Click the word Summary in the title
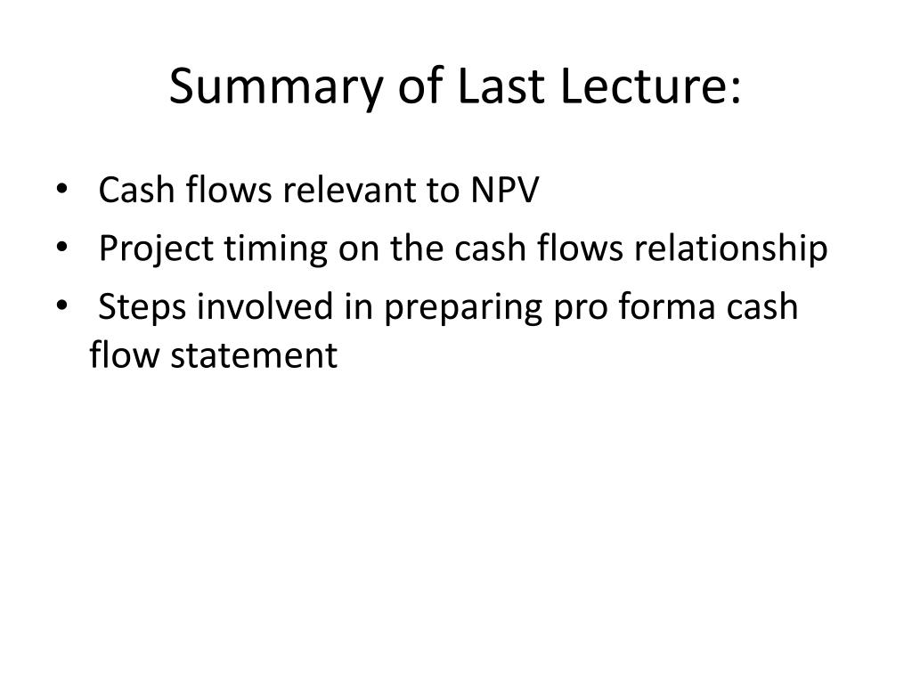276,87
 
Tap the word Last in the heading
501,86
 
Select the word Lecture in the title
642,86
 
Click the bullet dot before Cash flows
61,189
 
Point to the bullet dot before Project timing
61,248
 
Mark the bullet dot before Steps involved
61,305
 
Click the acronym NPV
505,190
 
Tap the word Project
156,249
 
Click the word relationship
730,249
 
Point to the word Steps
142,307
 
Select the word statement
254,356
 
